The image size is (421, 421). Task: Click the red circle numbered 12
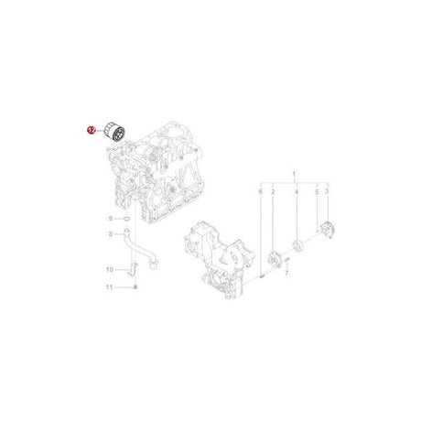90,130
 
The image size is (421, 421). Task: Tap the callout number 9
110,220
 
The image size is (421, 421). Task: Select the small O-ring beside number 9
126,220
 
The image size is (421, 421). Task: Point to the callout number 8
110,235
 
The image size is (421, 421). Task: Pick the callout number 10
109,269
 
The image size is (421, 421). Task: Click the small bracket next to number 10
132,268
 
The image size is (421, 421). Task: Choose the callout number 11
109,288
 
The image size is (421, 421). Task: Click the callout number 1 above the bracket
294,173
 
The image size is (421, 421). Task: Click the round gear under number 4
296,242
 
